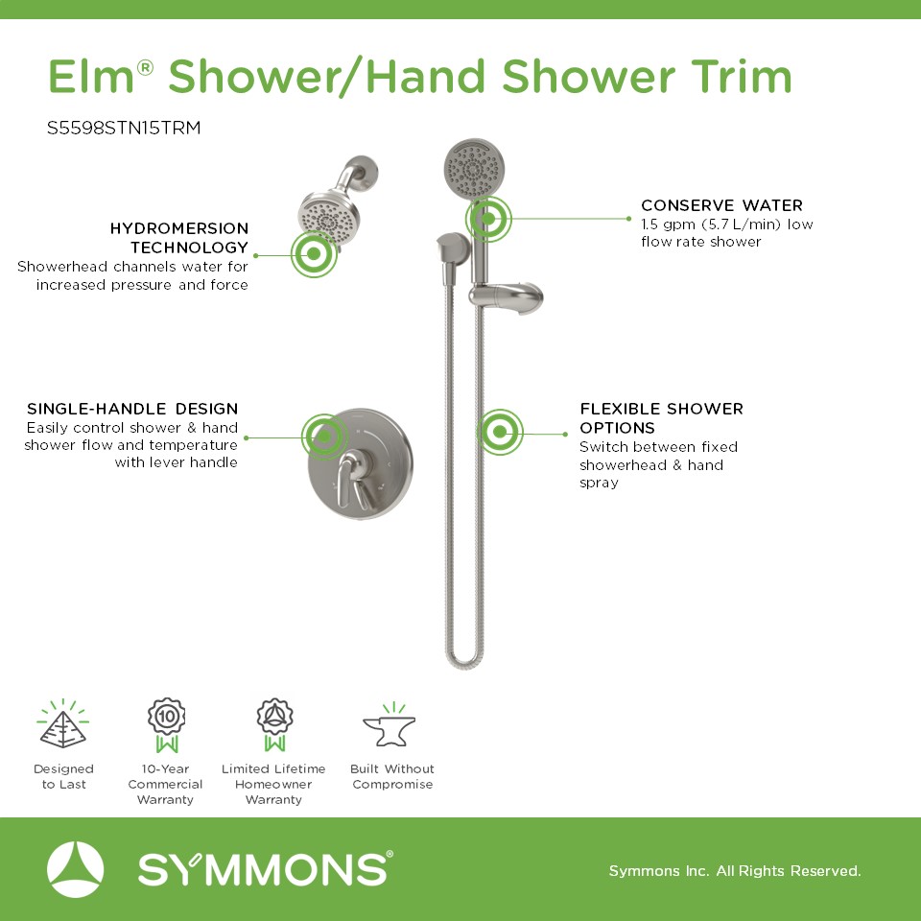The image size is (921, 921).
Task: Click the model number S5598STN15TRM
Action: [x=124, y=128]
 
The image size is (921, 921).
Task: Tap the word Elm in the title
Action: [x=91, y=77]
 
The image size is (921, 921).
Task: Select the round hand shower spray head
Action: [x=474, y=169]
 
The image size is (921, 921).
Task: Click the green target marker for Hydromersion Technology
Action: [x=315, y=253]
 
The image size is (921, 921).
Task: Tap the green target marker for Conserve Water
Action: [x=488, y=219]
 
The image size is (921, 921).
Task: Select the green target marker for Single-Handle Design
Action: [x=325, y=437]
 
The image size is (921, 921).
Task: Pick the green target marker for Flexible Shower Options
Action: [x=500, y=433]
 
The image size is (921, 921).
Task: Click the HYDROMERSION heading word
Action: [x=179, y=228]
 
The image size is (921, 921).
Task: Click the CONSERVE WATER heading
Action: [x=721, y=205]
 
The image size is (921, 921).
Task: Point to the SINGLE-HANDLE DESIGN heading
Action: [x=132, y=409]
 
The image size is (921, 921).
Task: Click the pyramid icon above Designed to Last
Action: [x=63, y=723]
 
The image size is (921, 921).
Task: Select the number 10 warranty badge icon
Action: [x=167, y=725]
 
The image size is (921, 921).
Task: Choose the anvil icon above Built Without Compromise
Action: [x=390, y=725]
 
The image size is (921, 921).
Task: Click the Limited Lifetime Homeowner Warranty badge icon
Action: [x=274, y=725]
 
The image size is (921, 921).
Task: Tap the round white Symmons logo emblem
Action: [x=75, y=869]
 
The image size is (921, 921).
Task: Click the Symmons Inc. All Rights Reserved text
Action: [x=735, y=870]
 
